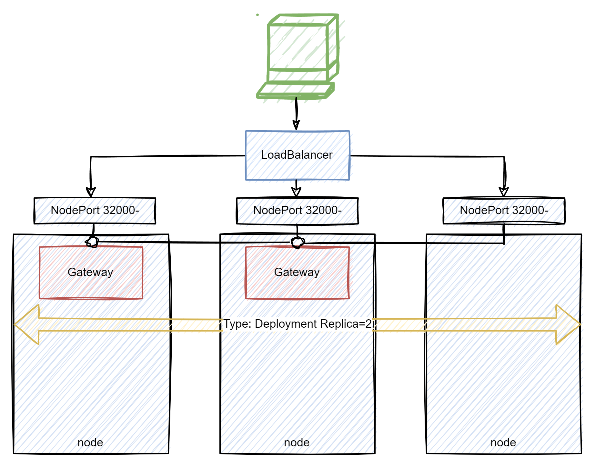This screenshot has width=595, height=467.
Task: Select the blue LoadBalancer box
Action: pyautogui.click(x=297, y=155)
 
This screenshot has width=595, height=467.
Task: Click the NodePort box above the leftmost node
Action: pyautogui.click(x=96, y=211)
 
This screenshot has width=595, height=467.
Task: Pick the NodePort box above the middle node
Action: pyautogui.click(x=298, y=211)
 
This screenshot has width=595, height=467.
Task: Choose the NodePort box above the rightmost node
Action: pyautogui.click(x=505, y=211)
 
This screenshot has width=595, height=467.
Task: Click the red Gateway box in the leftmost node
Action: pyautogui.click(x=91, y=273)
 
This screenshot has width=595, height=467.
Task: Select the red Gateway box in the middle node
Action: pyautogui.click(x=297, y=273)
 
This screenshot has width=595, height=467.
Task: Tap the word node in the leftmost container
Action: pyautogui.click(x=91, y=442)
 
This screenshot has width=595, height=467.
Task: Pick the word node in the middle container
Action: pyautogui.click(x=297, y=442)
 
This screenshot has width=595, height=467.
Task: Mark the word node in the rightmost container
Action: pyautogui.click(x=503, y=442)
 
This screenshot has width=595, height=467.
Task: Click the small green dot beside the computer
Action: pyautogui.click(x=257, y=15)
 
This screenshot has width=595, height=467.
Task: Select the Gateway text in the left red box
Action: pyautogui.click(x=91, y=272)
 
